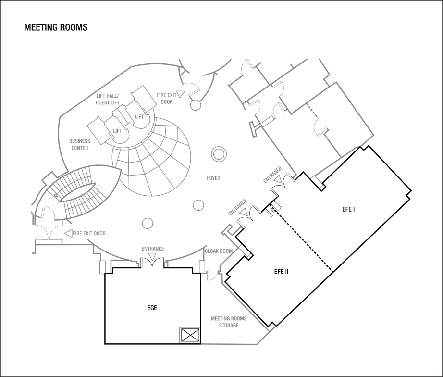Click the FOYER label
click(x=213, y=178)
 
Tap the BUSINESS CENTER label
click(x=80, y=145)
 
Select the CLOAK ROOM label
click(x=219, y=251)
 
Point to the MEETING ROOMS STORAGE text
click(x=229, y=322)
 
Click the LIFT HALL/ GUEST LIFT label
click(x=108, y=99)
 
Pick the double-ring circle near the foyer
click(x=218, y=154)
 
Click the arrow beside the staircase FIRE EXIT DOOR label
click(x=68, y=233)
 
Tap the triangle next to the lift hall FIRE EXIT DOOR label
click(x=181, y=93)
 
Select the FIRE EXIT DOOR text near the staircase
click(x=89, y=234)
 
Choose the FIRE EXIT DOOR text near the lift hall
click(x=166, y=99)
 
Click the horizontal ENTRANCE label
click(x=153, y=249)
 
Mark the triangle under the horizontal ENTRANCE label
click(x=153, y=257)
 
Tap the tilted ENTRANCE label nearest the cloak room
click(x=237, y=207)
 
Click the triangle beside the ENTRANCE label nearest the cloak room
click(x=244, y=212)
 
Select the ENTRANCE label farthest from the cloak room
click(x=272, y=175)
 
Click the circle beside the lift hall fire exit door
click(x=196, y=105)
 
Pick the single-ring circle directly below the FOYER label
click(x=198, y=205)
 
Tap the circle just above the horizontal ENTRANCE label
click(x=148, y=223)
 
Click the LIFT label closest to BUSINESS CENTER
click(x=118, y=131)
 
